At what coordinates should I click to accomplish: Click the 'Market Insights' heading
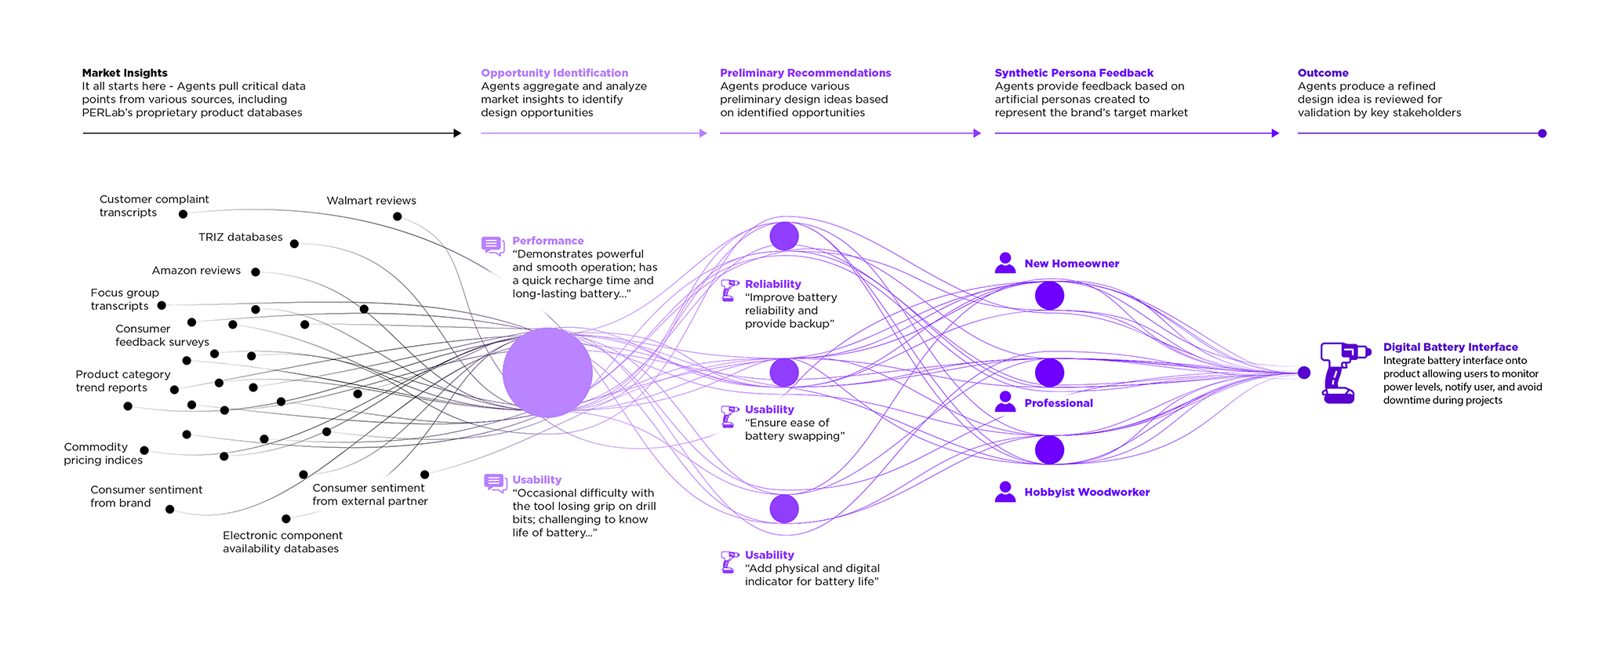pyautogui.click(x=125, y=73)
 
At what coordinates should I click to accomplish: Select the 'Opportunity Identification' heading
pyautogui.click(x=554, y=73)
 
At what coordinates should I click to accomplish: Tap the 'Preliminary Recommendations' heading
pyautogui.click(x=805, y=73)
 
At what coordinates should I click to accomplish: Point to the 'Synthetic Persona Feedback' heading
pyautogui.click(x=1074, y=73)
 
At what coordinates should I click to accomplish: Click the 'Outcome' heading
pyautogui.click(x=1323, y=73)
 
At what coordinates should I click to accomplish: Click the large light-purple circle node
pyautogui.click(x=547, y=373)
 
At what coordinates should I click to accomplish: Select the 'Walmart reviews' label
pyautogui.click(x=371, y=201)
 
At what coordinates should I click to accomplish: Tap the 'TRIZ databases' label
pyautogui.click(x=240, y=237)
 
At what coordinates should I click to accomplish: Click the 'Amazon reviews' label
pyautogui.click(x=196, y=271)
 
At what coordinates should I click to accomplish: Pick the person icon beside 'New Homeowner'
pyautogui.click(x=1005, y=264)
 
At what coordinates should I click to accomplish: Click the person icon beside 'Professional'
pyautogui.click(x=1005, y=402)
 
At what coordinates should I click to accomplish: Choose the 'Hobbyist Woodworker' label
pyautogui.click(x=1087, y=493)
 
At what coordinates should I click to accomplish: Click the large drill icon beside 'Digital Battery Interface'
pyautogui.click(x=1343, y=373)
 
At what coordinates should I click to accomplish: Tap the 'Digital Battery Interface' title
pyautogui.click(x=1450, y=347)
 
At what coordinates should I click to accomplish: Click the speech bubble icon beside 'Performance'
pyautogui.click(x=493, y=246)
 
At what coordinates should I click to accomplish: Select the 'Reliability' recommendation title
pyautogui.click(x=772, y=284)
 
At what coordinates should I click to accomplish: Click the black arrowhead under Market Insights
pyautogui.click(x=457, y=133)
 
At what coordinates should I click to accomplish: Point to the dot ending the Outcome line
pyautogui.click(x=1542, y=133)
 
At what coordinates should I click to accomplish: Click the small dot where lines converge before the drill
pyautogui.click(x=1304, y=373)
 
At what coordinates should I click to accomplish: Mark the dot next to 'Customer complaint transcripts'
pyautogui.click(x=183, y=214)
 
